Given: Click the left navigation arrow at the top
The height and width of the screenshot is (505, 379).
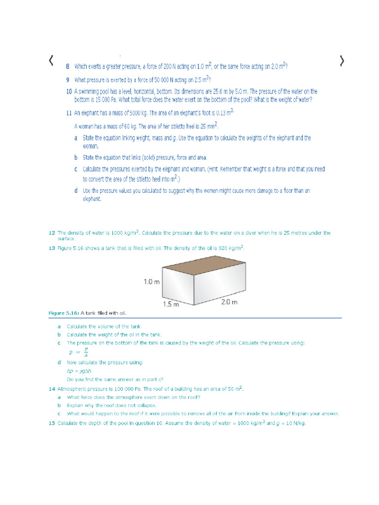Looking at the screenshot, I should click(51, 61).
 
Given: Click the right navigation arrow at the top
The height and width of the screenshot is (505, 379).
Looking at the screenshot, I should click(342, 61).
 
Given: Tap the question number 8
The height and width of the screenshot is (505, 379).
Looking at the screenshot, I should click(68, 67).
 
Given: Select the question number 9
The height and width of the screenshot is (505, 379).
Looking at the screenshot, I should click(68, 79).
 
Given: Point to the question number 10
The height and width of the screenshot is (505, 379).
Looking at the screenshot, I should click(69, 92).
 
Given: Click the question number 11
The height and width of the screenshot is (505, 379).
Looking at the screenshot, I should click(69, 113).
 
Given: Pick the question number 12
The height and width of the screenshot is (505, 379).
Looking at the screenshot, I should click(51, 232).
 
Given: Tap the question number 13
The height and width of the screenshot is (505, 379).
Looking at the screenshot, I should click(51, 248).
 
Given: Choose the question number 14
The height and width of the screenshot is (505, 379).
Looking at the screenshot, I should click(51, 389).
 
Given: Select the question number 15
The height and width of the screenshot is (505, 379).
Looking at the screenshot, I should click(51, 423).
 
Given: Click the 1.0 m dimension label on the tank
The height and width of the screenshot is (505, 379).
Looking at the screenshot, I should click(152, 282).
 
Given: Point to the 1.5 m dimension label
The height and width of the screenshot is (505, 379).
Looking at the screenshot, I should click(170, 304).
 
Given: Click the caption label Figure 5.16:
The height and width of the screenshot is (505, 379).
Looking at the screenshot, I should click(64, 313).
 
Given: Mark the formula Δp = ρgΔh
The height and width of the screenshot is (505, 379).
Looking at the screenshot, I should click(79, 371).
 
